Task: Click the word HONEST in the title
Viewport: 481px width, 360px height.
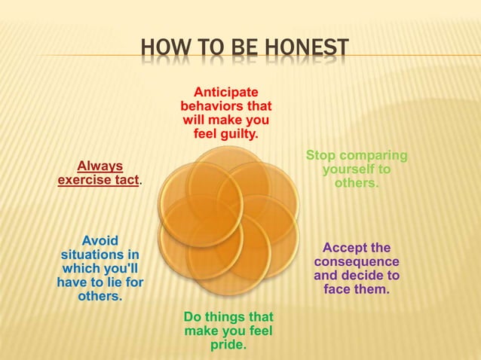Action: [310, 50]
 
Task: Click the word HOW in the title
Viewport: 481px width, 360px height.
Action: [160, 50]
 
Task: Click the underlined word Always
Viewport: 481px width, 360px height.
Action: [100, 166]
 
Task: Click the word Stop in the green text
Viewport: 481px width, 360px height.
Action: [321, 156]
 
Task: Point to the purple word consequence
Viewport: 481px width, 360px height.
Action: [357, 262]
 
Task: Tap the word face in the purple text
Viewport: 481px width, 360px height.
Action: [337, 290]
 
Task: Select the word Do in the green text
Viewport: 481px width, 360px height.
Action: [191, 317]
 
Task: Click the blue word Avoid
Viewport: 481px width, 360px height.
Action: [100, 240]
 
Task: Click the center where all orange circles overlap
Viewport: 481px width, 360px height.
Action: [228, 219]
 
